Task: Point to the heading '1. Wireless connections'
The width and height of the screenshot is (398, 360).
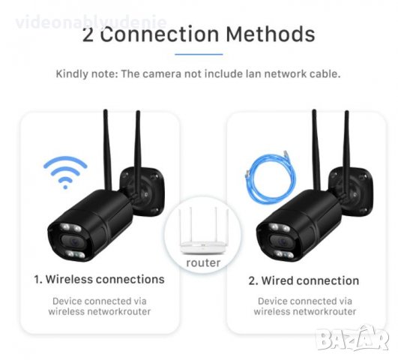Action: [x=99, y=280]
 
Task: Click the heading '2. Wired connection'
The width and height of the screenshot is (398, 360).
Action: [x=303, y=280]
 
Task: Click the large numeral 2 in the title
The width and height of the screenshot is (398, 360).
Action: [x=88, y=34]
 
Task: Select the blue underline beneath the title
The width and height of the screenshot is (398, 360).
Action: [x=199, y=55]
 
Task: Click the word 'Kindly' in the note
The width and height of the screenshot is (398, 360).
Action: [x=73, y=74]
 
